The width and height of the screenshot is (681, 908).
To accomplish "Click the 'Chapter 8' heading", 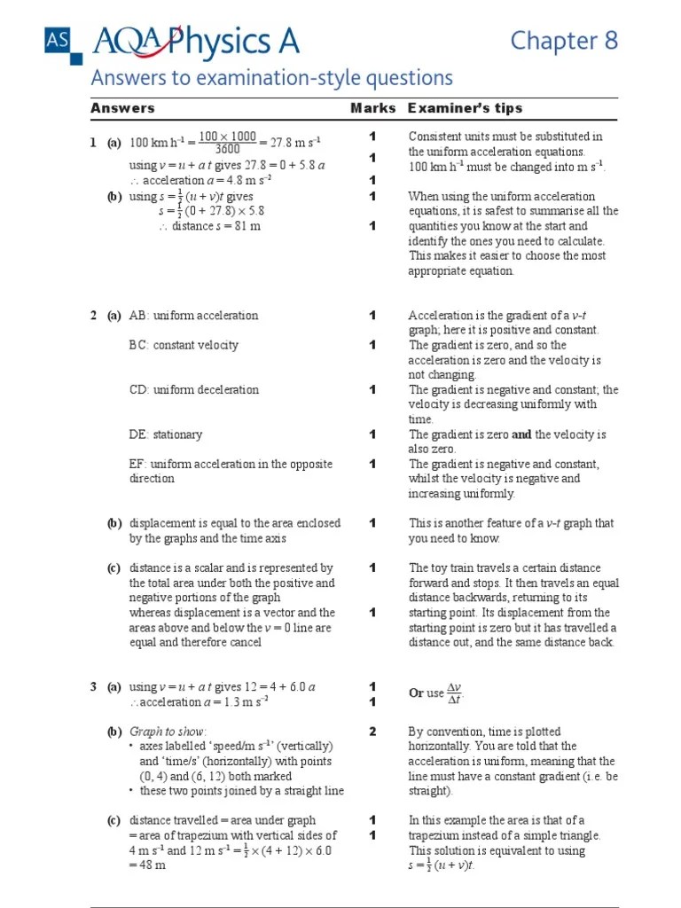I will [563, 41].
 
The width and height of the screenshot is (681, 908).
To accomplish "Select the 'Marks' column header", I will [372, 108].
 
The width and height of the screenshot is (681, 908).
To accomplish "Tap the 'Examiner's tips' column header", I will [465, 108].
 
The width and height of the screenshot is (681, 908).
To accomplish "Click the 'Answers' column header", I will [122, 108].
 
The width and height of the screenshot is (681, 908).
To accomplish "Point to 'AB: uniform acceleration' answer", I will [193, 316].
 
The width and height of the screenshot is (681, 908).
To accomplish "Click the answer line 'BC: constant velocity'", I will [184, 345].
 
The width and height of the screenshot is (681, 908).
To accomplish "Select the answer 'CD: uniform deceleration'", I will [194, 389].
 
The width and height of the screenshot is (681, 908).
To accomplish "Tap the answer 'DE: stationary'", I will [166, 434].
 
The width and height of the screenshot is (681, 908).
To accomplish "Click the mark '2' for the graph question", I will [373, 732].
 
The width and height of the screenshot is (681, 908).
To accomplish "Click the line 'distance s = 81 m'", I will [209, 226].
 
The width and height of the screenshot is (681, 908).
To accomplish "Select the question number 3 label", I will [93, 687].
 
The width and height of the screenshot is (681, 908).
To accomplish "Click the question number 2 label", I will [93, 316].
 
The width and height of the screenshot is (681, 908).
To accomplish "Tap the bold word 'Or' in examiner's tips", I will [416, 693].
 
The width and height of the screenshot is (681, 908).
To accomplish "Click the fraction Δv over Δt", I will [454, 693].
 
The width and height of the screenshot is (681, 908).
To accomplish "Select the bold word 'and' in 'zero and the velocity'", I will [521, 434].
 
